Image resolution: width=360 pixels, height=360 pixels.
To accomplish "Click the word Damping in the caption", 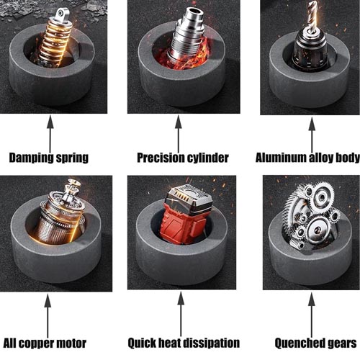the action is (x=31, y=158).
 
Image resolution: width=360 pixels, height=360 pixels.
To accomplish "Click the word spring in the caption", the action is (x=72, y=158).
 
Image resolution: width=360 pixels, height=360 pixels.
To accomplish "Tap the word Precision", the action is (x=161, y=158).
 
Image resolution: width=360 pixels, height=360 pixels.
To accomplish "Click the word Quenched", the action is (x=300, y=343).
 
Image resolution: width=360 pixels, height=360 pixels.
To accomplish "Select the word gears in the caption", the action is (x=343, y=343).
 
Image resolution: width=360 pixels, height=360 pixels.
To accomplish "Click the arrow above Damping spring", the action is (x=50, y=134).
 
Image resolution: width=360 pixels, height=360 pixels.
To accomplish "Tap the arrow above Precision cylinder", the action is (x=179, y=133).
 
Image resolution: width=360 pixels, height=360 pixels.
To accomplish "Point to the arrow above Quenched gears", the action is (x=312, y=315).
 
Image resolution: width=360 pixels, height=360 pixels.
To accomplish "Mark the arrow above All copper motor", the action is (x=48, y=315).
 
